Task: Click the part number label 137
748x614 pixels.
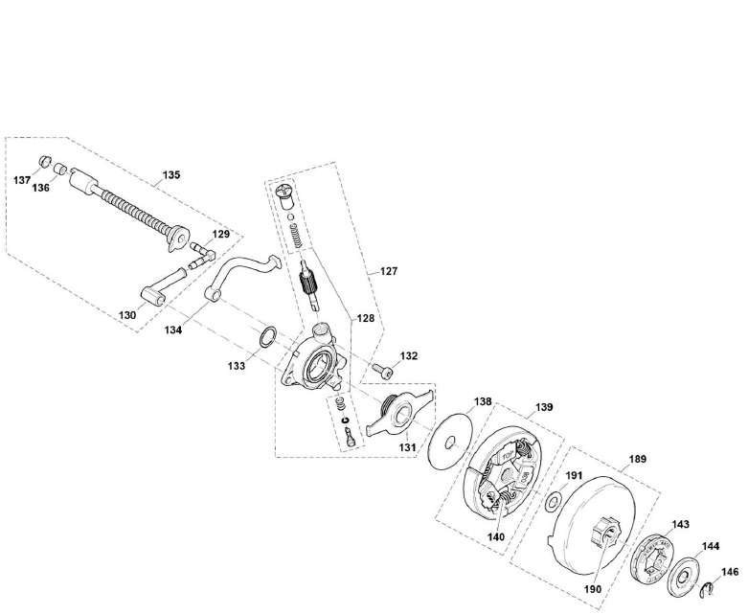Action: coord(20,179)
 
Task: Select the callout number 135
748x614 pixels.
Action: coord(170,175)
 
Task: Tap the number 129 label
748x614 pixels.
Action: coord(221,235)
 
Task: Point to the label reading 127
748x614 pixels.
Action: coord(389,271)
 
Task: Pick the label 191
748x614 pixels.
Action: coord(574,474)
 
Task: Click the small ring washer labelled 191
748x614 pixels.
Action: coord(554,501)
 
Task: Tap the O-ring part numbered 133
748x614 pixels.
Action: coord(269,336)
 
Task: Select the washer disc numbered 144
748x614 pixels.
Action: coord(684,575)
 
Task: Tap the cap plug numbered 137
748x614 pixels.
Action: coord(42,160)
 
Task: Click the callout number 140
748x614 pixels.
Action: coord(495,536)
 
